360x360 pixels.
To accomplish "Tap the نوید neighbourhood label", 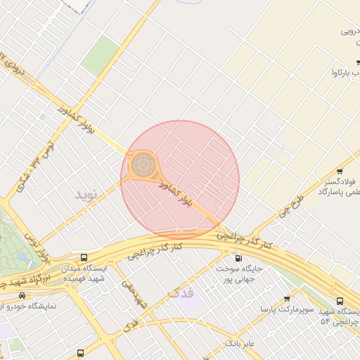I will point(89,192).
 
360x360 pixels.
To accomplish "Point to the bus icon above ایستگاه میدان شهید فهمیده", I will point(84,257).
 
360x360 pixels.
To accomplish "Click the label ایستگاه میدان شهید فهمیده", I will point(85,274).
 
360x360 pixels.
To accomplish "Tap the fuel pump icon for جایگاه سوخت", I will point(237,257).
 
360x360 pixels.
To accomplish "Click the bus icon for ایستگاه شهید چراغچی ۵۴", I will point(340,298).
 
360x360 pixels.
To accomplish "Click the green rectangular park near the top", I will point(101,56).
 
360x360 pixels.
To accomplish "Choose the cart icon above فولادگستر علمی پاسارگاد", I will point(340,171).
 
